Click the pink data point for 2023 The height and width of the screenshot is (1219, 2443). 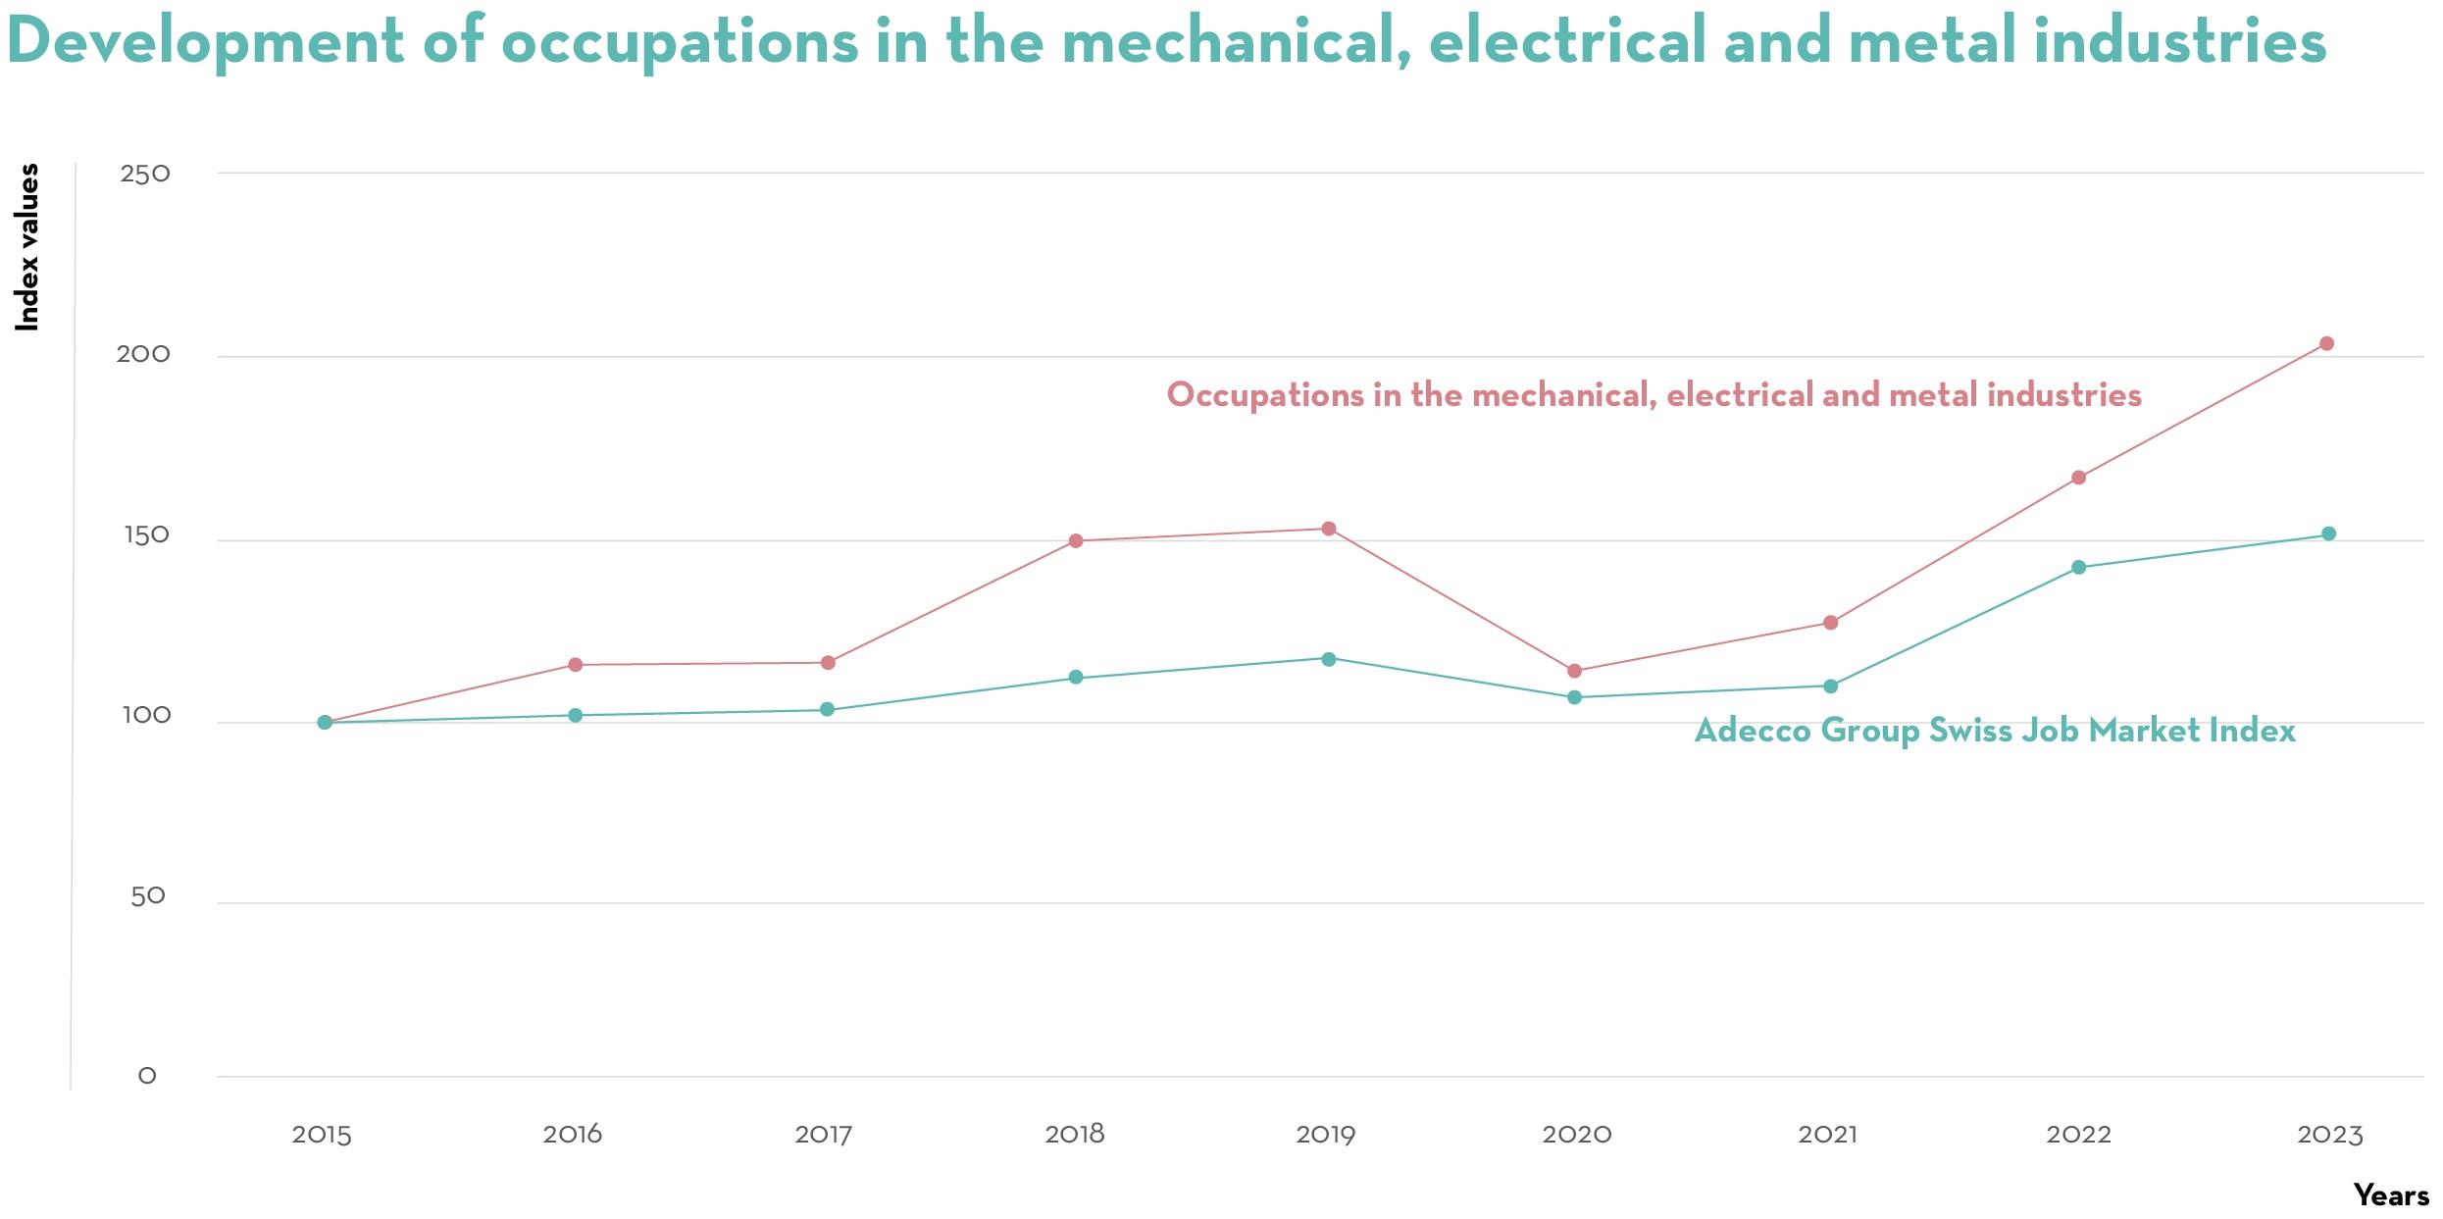2326,343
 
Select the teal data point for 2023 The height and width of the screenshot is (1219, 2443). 2328,533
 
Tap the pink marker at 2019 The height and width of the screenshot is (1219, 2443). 1329,529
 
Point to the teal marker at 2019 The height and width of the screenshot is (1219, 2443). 1329,659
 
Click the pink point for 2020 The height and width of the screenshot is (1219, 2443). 1575,671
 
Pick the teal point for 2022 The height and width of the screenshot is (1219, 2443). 2078,567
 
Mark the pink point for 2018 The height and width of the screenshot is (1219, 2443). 1076,540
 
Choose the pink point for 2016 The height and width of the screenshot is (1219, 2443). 576,665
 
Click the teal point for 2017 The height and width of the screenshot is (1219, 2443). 828,709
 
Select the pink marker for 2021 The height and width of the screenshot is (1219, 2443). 1830,623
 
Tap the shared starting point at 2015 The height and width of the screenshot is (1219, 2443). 326,723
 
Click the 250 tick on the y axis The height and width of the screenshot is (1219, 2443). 145,175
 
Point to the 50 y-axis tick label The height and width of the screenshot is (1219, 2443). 148,896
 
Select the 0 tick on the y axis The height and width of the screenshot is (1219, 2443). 147,1076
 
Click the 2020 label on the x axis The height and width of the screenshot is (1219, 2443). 1577,1135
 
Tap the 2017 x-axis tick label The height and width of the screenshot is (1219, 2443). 824,1135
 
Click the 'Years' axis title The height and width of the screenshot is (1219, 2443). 2392,1195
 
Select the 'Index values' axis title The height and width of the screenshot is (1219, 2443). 27,247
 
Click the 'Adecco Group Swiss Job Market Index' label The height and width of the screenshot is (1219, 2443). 1995,731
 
